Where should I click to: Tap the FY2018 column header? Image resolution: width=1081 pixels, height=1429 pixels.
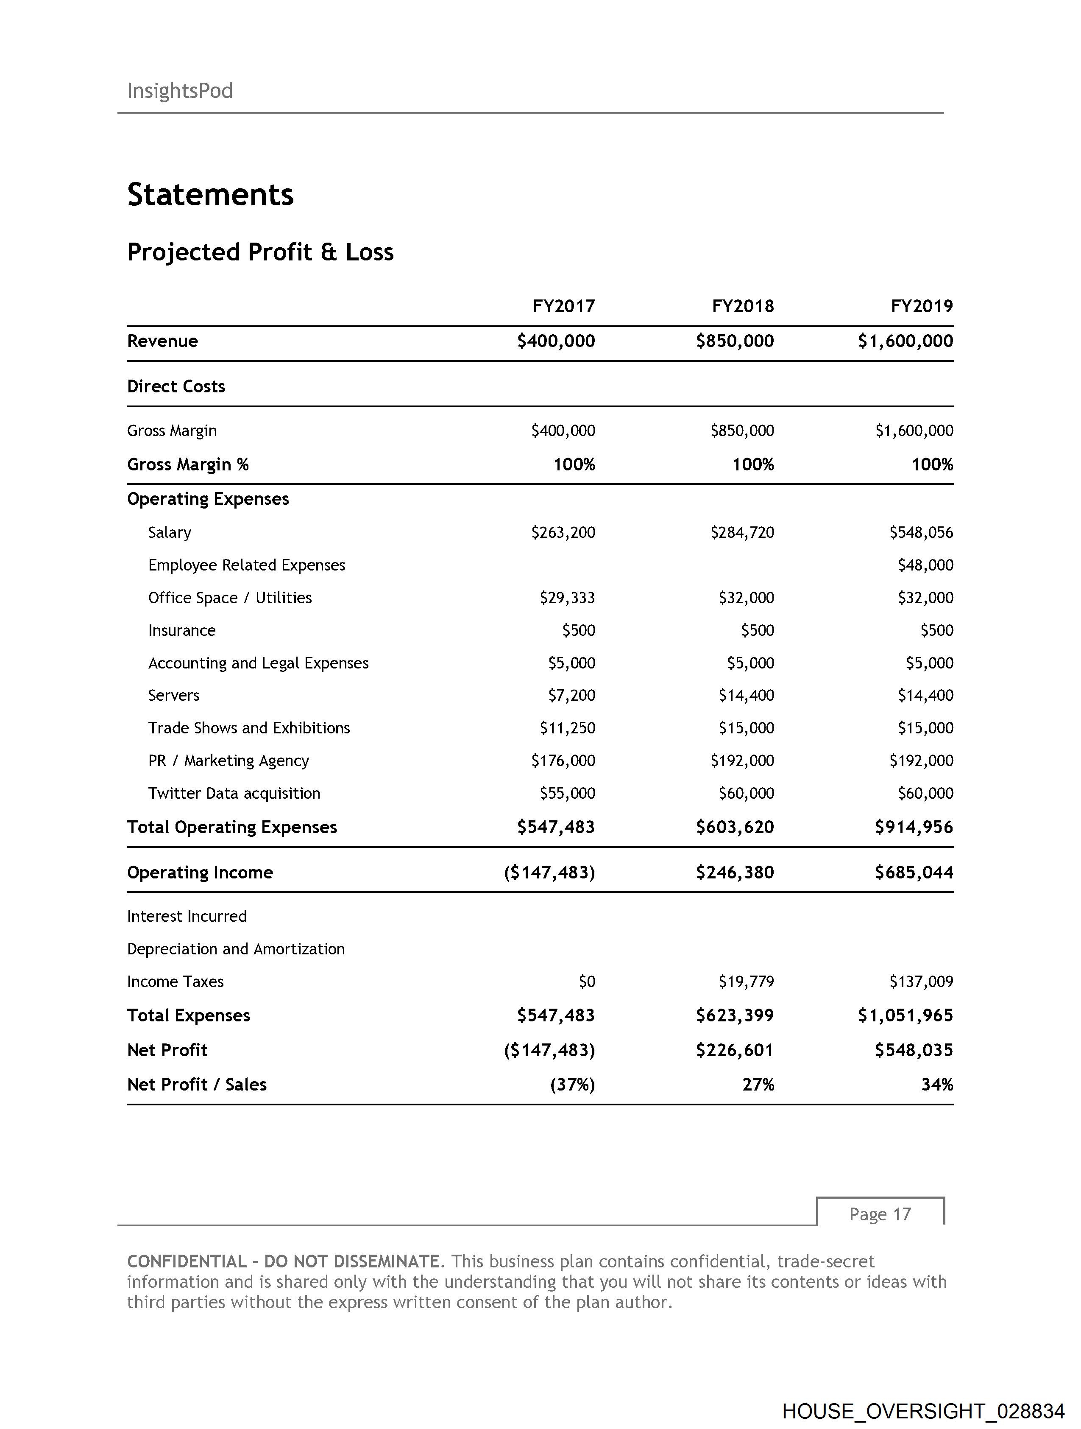click(743, 306)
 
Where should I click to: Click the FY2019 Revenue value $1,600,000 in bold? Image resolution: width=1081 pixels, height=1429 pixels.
click(905, 341)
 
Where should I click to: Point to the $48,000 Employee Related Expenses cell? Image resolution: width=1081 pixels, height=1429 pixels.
click(925, 565)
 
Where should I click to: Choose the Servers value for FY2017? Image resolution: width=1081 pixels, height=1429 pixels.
click(571, 696)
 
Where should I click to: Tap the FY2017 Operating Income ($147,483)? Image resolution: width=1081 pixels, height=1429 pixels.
click(549, 873)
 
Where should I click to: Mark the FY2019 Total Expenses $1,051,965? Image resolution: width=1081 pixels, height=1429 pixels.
click(905, 1015)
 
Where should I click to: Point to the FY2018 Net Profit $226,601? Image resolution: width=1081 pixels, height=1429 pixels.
click(735, 1050)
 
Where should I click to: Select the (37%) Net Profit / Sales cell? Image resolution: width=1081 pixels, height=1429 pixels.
click(572, 1085)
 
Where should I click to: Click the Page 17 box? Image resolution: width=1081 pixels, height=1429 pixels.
click(880, 1214)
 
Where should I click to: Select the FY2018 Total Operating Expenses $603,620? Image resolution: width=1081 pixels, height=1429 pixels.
click(735, 828)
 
